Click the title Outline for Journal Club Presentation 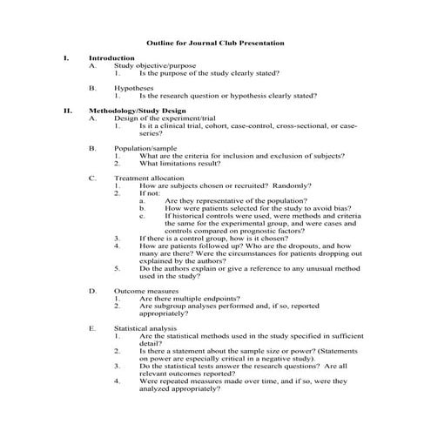tap(215, 42)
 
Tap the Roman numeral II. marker tap(67, 111)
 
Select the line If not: tap(151, 194)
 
